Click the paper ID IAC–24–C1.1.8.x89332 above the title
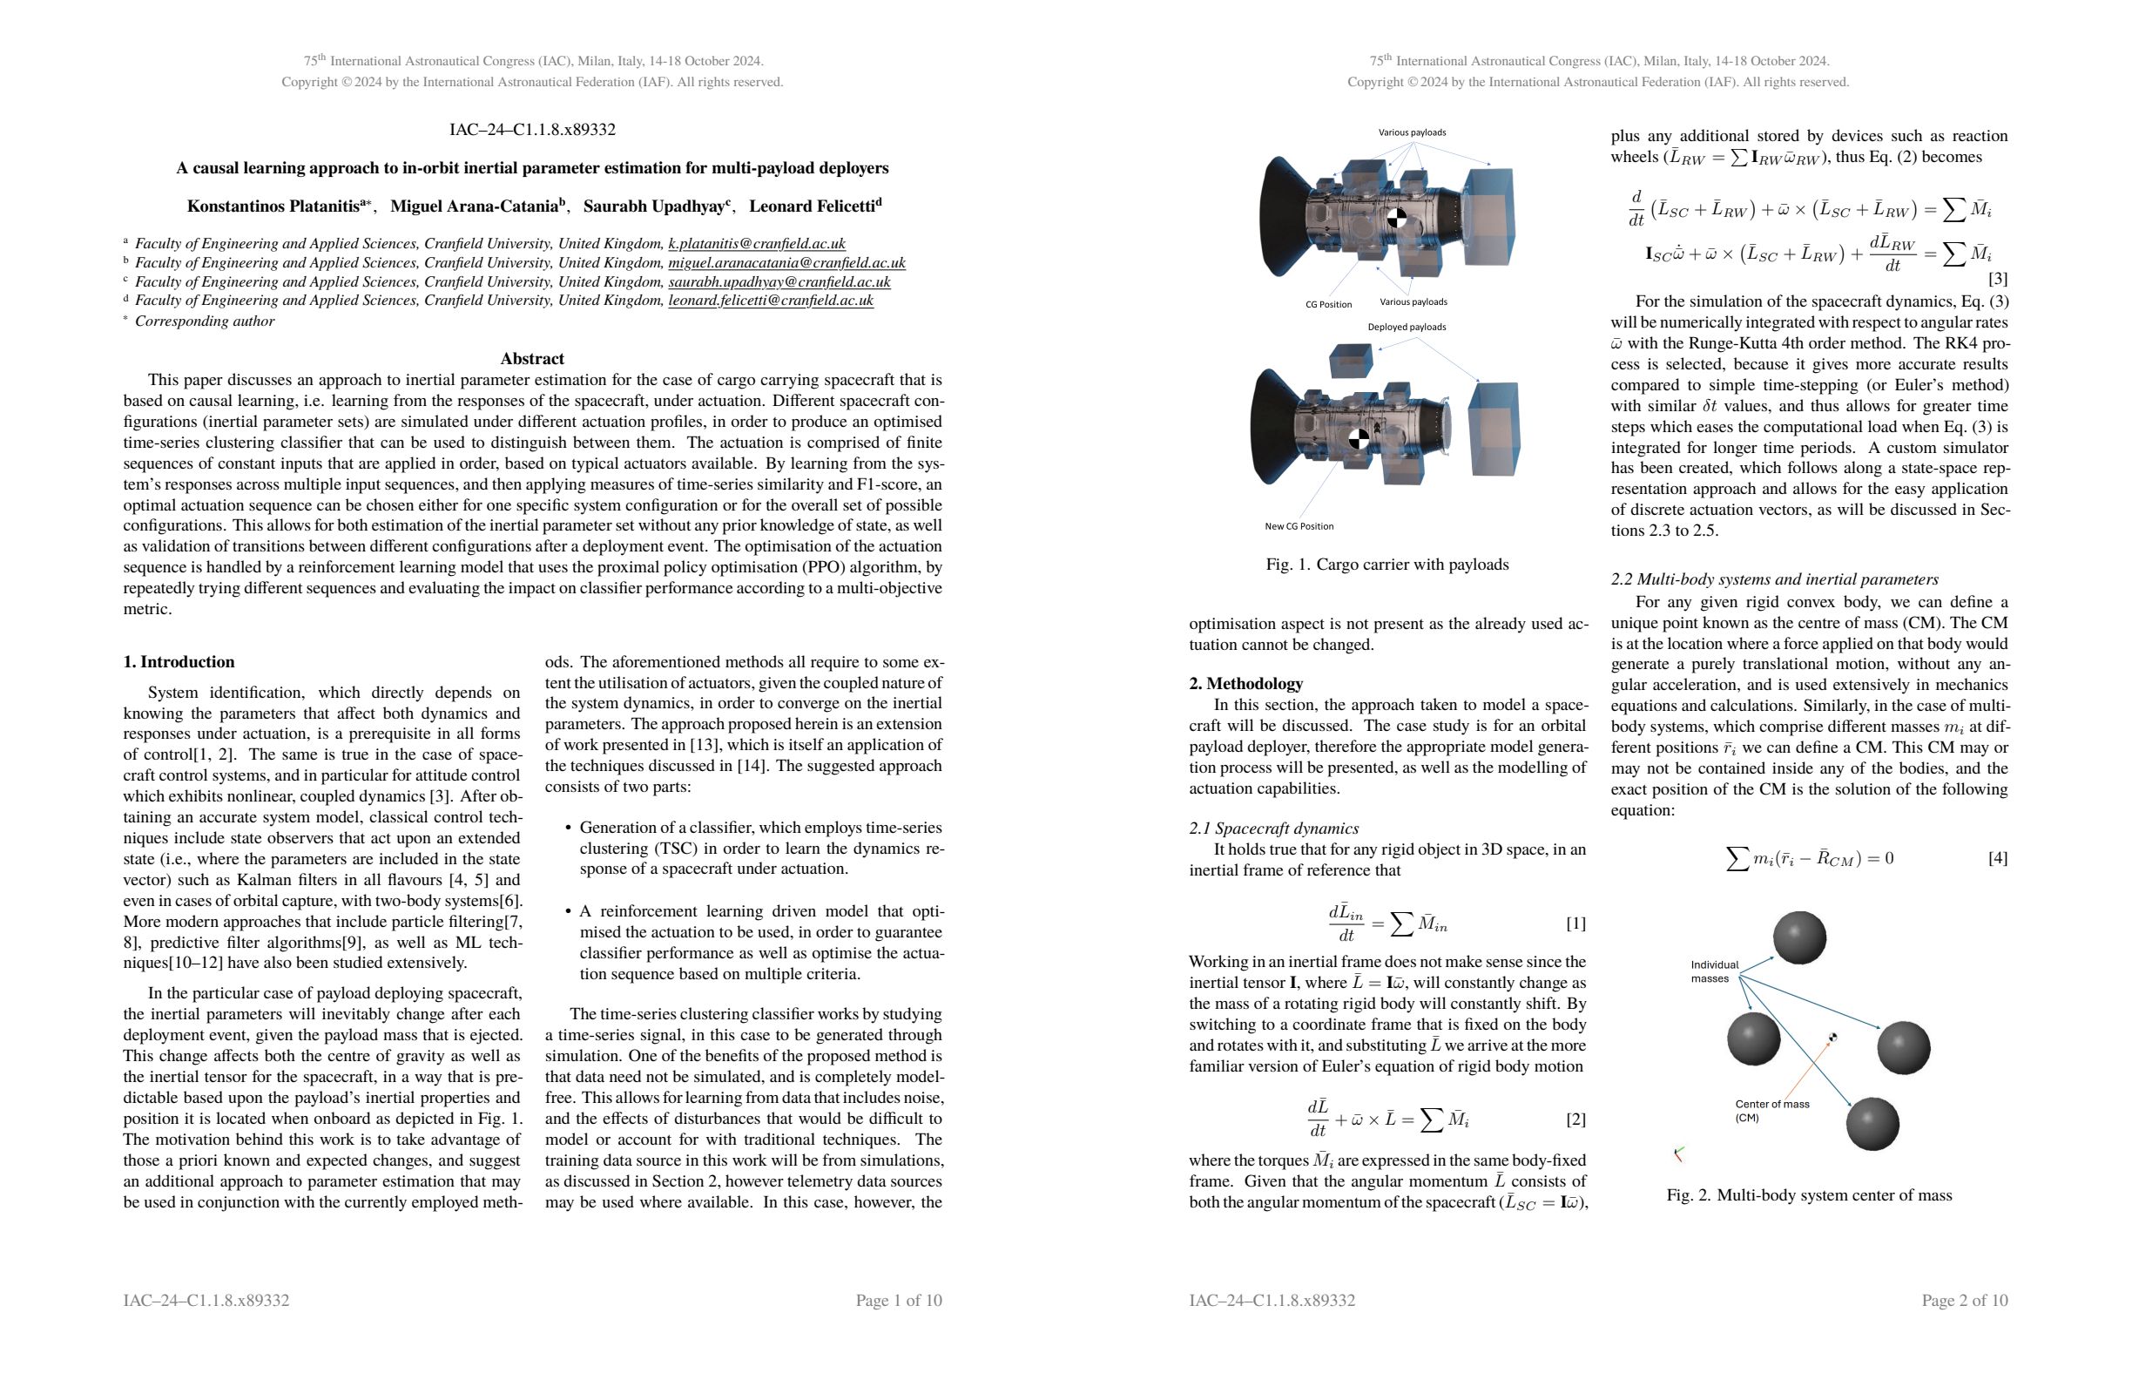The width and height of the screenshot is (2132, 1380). (x=532, y=130)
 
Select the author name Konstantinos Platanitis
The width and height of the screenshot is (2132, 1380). (x=273, y=206)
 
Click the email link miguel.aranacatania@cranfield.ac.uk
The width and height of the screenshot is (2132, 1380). (x=786, y=262)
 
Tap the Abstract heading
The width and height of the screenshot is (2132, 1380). (x=532, y=358)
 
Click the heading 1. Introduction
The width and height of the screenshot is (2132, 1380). (x=179, y=662)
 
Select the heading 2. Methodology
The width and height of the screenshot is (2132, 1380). (x=1245, y=684)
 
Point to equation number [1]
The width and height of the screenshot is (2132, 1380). (x=1575, y=923)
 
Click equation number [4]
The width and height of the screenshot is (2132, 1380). (x=1997, y=858)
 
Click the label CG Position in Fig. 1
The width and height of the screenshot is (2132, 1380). (x=1327, y=305)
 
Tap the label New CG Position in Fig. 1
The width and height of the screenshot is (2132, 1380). (x=1298, y=526)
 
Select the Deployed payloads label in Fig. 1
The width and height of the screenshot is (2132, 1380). (x=1406, y=327)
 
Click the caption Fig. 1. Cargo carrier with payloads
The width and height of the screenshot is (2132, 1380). (x=1386, y=565)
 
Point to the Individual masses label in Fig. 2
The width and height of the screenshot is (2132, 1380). (x=1713, y=971)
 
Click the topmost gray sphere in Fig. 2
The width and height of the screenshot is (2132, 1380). (x=1798, y=937)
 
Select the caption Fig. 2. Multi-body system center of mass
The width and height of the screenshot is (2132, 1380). (x=1809, y=1195)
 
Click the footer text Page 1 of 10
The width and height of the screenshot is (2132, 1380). (x=899, y=1300)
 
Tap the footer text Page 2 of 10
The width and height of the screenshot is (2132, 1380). (x=1964, y=1300)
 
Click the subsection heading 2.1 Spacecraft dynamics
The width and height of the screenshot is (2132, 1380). (x=1273, y=828)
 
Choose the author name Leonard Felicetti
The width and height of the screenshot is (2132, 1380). (x=814, y=206)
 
